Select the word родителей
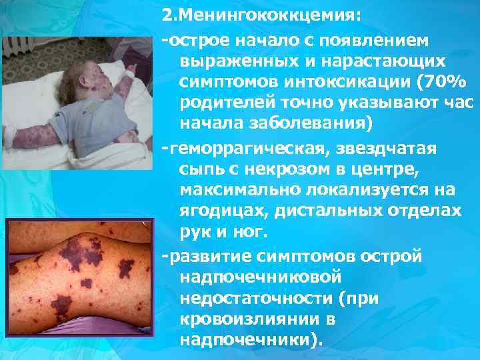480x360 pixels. [223, 103]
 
